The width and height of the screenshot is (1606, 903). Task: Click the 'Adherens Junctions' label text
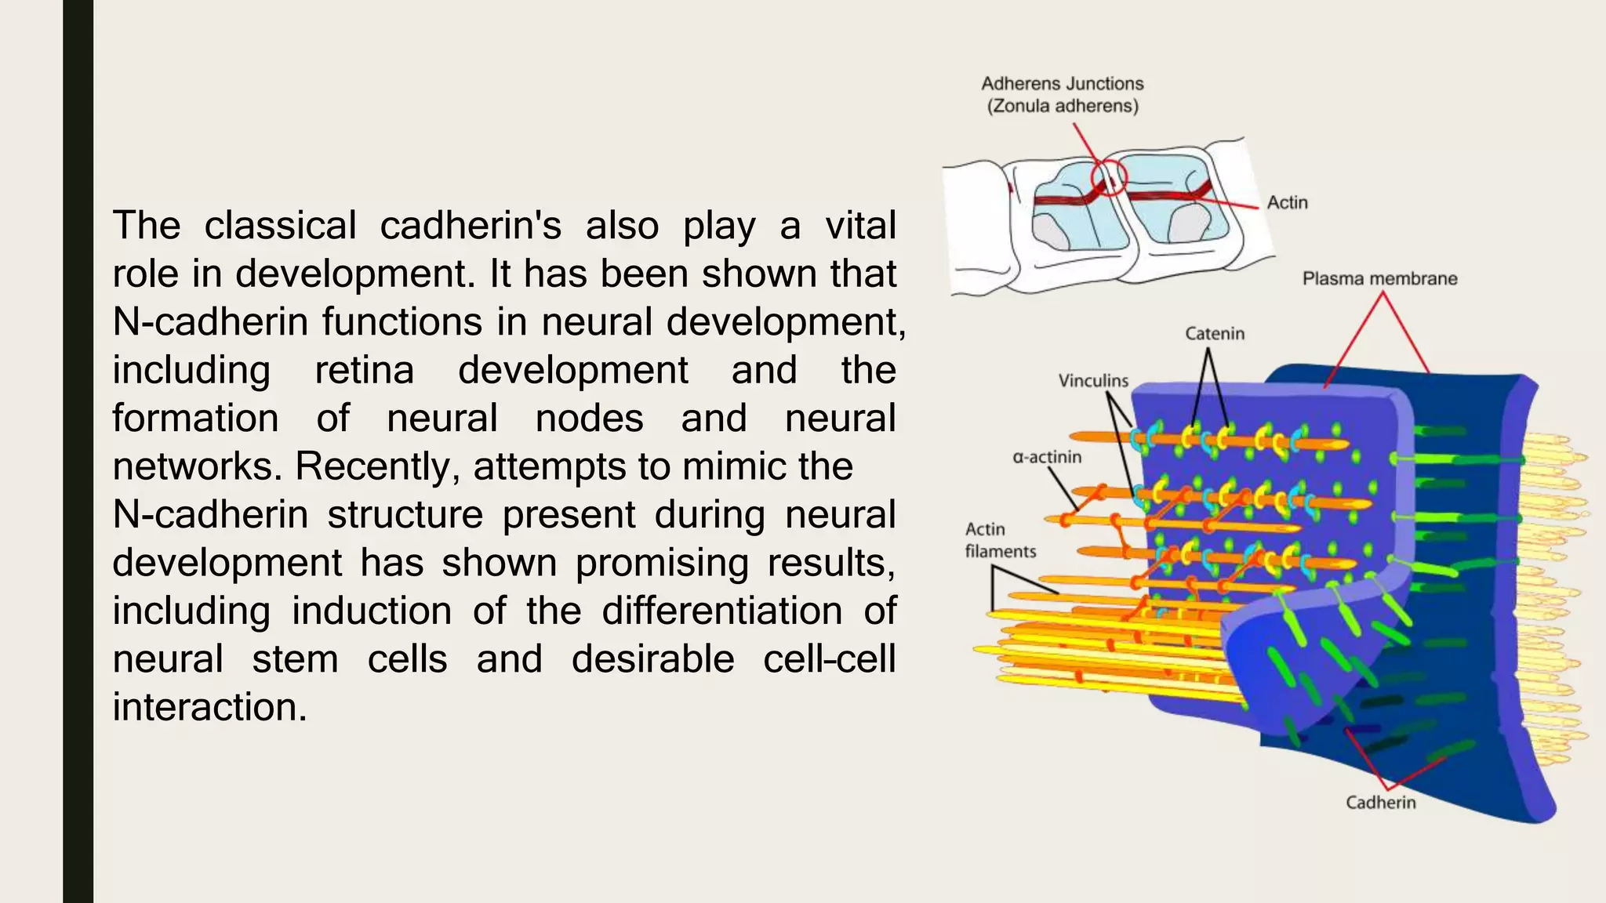pyautogui.click(x=1062, y=84)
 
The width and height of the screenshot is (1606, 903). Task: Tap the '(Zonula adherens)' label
pyautogui.click(x=1062, y=106)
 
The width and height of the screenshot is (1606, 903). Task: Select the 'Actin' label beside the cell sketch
pyautogui.click(x=1287, y=203)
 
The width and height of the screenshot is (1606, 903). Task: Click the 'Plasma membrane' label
pyautogui.click(x=1379, y=279)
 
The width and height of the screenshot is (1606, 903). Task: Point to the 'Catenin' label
pyautogui.click(x=1214, y=334)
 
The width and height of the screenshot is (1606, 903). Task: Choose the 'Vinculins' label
pyautogui.click(x=1093, y=381)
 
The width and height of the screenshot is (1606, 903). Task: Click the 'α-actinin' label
pyautogui.click(x=1047, y=457)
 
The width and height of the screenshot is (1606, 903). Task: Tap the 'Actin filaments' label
pyautogui.click(x=999, y=540)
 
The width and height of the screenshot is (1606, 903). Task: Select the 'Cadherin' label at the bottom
pyautogui.click(x=1380, y=803)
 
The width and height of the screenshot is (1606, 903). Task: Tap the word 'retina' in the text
pyautogui.click(x=364, y=370)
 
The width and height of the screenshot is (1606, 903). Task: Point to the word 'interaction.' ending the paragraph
pyautogui.click(x=209, y=708)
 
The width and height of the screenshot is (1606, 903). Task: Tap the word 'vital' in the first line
pyautogui.click(x=860, y=226)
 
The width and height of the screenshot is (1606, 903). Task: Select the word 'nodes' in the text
pyautogui.click(x=589, y=419)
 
